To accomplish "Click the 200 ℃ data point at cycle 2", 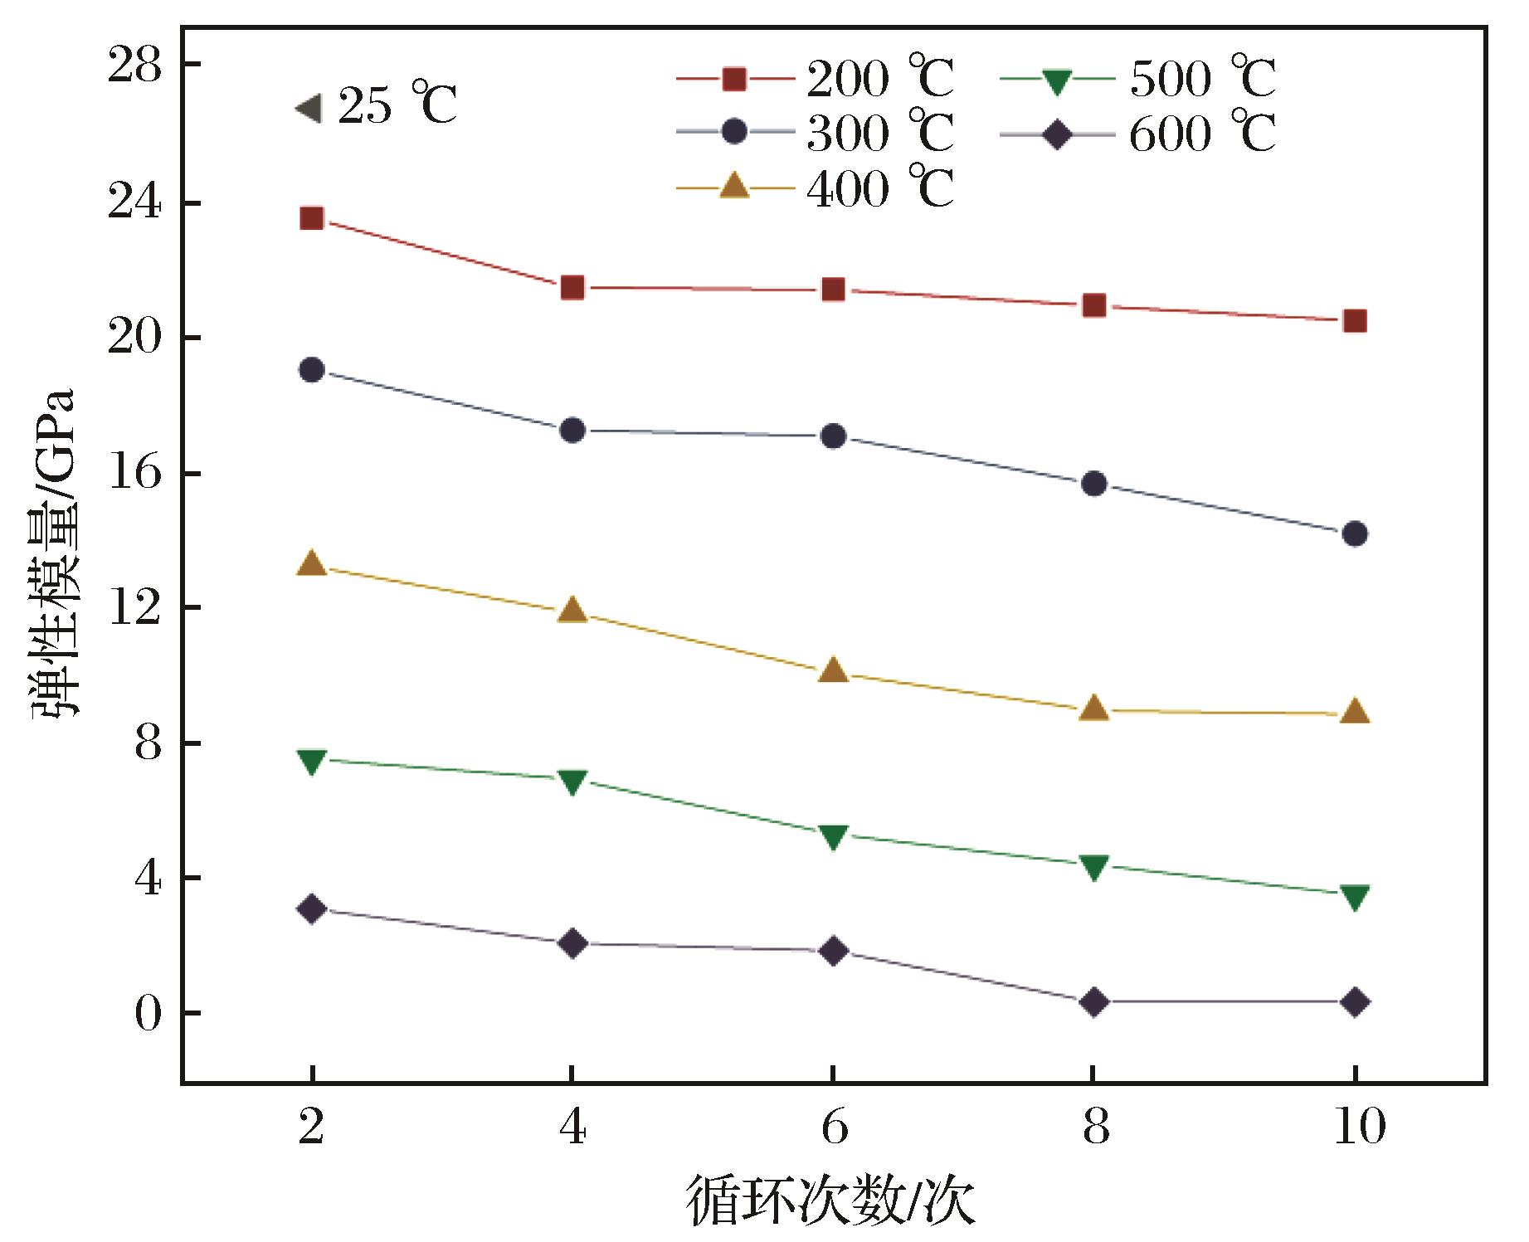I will click(x=311, y=218).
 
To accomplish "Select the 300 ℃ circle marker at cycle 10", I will click(x=1355, y=533).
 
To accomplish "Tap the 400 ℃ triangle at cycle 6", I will click(x=833, y=670).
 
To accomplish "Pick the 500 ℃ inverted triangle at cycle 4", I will click(x=572, y=781).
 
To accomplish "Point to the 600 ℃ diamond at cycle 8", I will click(x=1094, y=1002).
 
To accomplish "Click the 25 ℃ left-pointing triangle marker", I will click(x=308, y=108).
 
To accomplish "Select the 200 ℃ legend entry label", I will click(x=880, y=80).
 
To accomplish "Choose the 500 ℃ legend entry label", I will click(x=1202, y=80).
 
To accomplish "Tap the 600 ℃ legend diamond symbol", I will click(x=1057, y=134).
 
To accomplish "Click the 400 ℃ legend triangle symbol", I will click(x=734, y=188).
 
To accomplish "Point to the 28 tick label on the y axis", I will click(x=134, y=66).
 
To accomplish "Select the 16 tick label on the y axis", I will click(x=134, y=474).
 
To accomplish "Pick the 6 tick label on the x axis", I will click(x=834, y=1128).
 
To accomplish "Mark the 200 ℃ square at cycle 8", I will click(x=1094, y=306).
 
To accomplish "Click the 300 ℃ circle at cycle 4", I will click(x=572, y=430).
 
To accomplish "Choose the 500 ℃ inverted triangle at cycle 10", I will click(x=1355, y=896).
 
